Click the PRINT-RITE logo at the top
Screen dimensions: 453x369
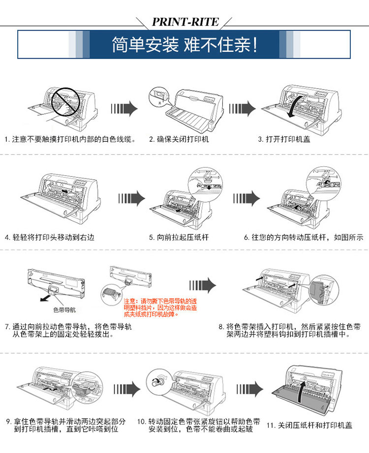[184, 22]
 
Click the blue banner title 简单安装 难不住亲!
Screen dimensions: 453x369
[184, 45]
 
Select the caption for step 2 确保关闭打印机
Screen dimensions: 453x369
[179, 139]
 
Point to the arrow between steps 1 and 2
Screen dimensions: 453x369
[123, 109]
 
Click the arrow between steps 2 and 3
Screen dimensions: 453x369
[242, 109]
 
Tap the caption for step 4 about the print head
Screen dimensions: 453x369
[49, 237]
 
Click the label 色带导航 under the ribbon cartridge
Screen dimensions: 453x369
[64, 310]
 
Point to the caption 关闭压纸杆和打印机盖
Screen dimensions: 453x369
[309, 425]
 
